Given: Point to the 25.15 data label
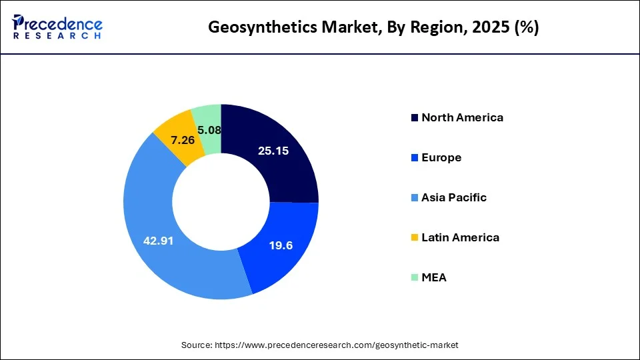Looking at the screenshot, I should pos(273,151).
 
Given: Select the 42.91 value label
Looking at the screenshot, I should pos(158,241).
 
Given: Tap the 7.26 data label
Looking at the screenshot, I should pos(183,141).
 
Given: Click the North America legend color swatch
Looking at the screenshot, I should pos(415,118).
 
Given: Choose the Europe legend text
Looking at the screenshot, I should pos(441,158).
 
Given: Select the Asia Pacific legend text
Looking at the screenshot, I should pos(454,198).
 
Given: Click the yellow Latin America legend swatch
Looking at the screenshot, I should pos(415,238).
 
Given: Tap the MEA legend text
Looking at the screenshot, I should pos(434,278).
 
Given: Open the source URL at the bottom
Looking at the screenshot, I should pos(336,345).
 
